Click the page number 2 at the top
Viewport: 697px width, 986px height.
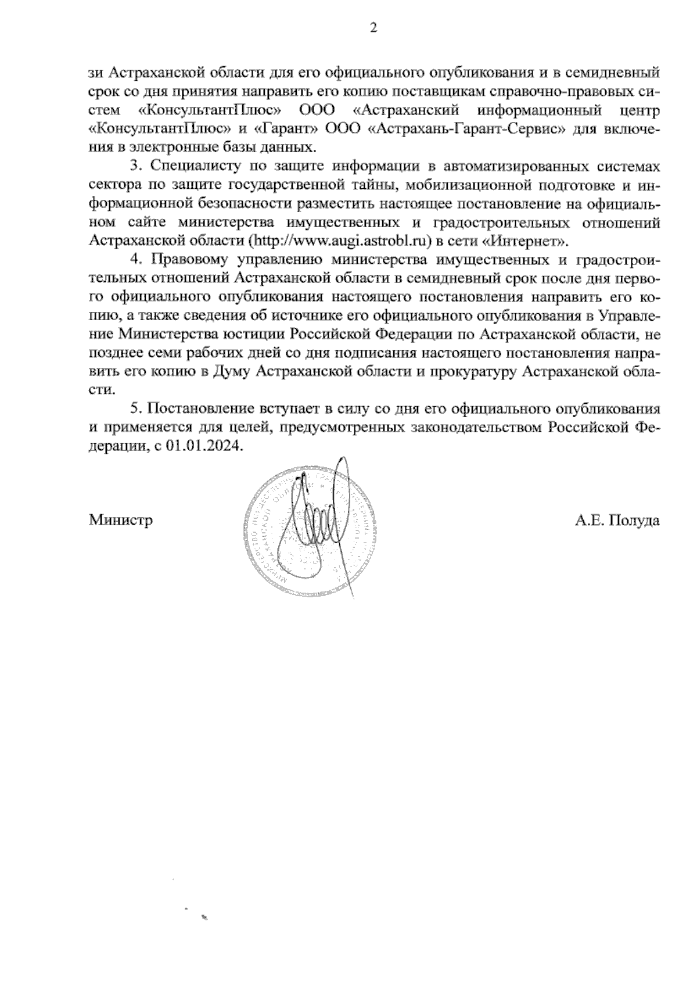click(x=373, y=28)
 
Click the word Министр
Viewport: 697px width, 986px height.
click(x=121, y=520)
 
